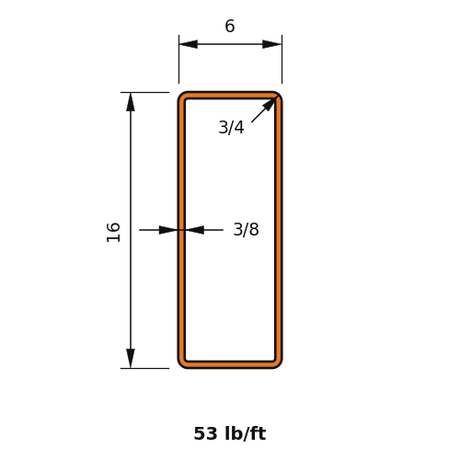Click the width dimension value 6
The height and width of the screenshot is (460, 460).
[x=230, y=26]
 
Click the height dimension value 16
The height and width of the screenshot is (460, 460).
[x=113, y=232]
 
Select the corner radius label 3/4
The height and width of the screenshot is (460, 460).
[x=231, y=127]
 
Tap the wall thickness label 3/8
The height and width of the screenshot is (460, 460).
[x=246, y=229]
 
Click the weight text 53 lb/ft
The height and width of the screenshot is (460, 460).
[x=230, y=433]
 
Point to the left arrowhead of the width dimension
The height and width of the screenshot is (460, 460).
[x=189, y=44]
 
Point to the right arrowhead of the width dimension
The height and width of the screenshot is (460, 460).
[x=272, y=44]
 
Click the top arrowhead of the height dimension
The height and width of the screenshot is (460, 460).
[x=131, y=102]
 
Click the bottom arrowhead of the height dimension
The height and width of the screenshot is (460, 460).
[x=131, y=359]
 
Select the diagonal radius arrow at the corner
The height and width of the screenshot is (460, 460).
[x=264, y=109]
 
